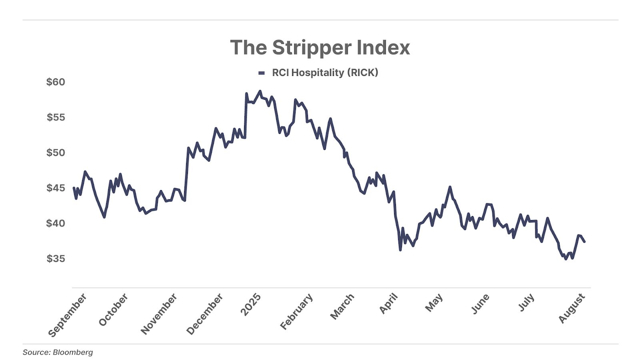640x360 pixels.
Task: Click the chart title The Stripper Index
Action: tap(320, 48)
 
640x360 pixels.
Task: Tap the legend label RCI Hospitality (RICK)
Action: tap(325, 72)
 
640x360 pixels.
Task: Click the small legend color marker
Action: tap(262, 73)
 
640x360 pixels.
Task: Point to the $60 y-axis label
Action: tap(56, 82)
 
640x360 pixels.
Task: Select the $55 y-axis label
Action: tap(56, 117)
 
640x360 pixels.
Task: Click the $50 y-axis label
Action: tap(56, 152)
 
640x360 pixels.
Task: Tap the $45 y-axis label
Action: tap(56, 188)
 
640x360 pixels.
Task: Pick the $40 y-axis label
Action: tap(56, 223)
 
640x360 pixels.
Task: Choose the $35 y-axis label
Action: tap(56, 258)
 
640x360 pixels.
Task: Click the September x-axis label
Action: tap(67, 315)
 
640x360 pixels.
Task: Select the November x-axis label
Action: tap(159, 314)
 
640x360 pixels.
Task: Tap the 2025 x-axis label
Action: tap(251, 304)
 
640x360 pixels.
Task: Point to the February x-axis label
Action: tap(296, 312)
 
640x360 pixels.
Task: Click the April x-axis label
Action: tap(388, 303)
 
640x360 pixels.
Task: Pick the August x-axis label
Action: tap(572, 308)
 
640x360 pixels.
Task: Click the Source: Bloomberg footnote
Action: tap(58, 352)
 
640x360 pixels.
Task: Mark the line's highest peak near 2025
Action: tap(260, 91)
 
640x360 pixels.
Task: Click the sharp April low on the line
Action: tap(400, 250)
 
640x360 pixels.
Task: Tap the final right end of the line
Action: tap(584, 242)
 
